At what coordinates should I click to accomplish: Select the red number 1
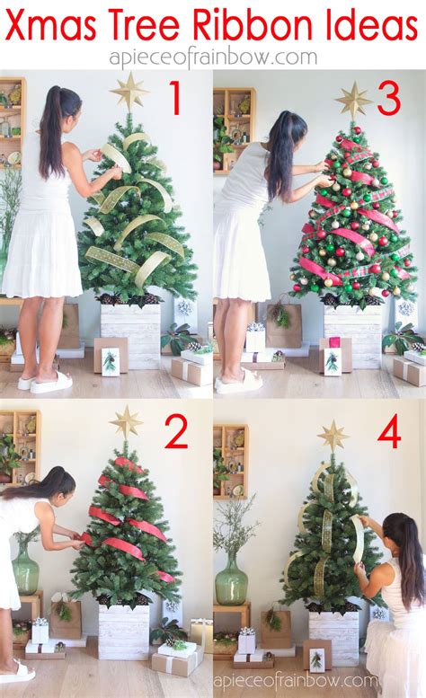point(176,99)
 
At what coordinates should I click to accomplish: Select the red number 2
point(175,433)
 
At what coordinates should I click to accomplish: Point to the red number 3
point(388,99)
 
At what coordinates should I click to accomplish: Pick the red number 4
point(388,434)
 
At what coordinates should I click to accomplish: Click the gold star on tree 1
point(130,90)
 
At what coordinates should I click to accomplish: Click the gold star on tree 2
point(126,421)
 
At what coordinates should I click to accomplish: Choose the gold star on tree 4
point(333,437)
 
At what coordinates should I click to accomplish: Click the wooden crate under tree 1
point(130,334)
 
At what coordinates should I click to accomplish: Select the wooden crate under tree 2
point(124,630)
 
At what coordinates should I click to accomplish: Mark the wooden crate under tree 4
point(333,636)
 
